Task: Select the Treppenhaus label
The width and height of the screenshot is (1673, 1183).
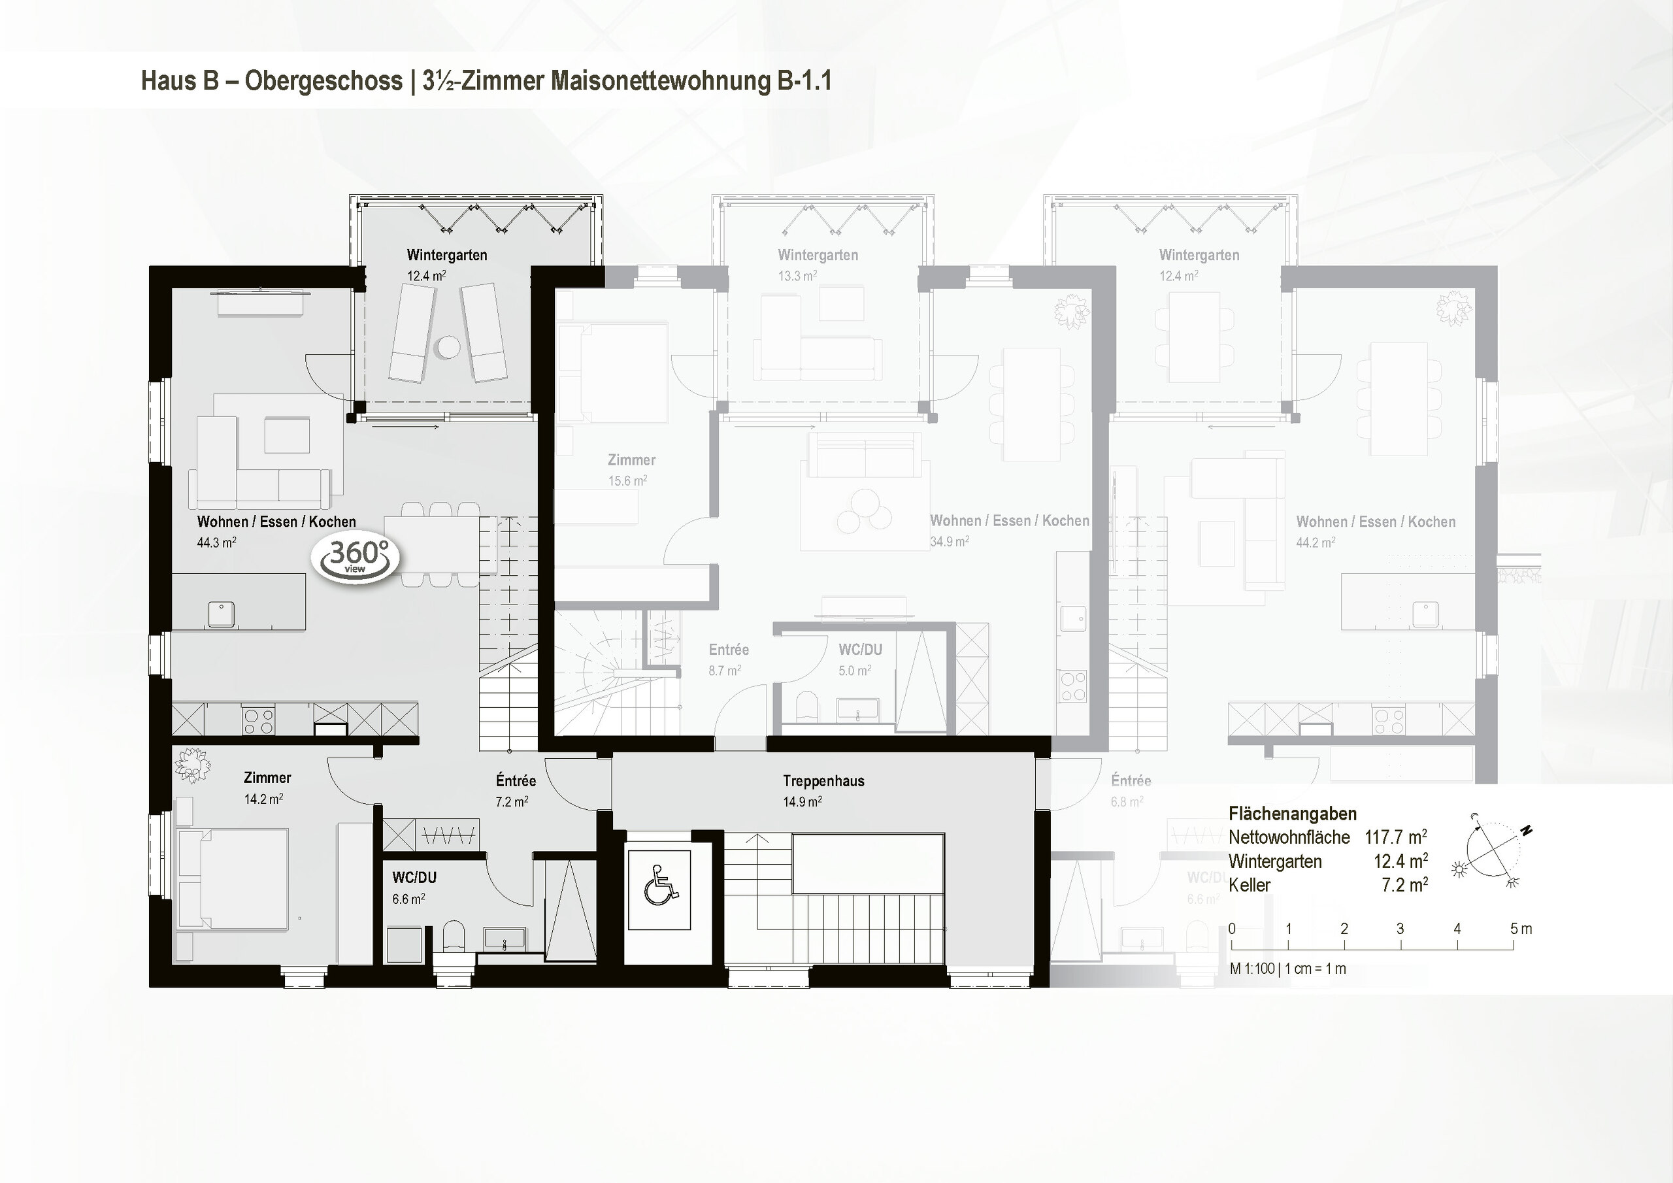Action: [823, 780]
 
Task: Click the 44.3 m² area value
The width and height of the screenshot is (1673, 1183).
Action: [216, 542]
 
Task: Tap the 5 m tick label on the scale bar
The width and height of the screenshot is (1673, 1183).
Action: [1521, 929]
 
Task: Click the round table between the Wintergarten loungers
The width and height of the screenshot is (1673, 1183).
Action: [448, 347]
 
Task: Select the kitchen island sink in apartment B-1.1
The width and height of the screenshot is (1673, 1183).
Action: [221, 613]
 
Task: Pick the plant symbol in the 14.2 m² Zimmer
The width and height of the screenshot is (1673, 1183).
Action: [192, 765]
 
